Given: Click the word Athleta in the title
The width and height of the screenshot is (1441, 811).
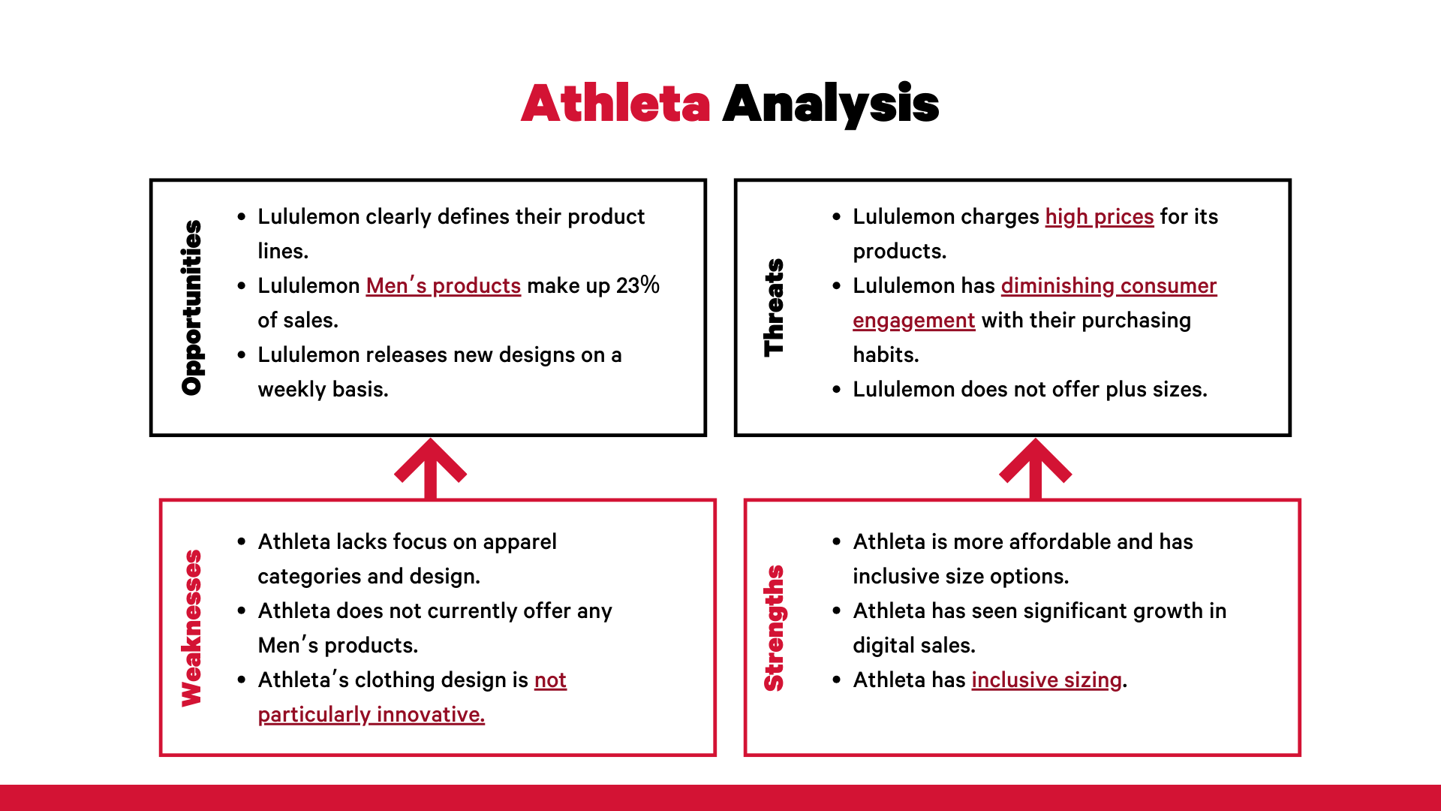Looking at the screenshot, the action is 615,103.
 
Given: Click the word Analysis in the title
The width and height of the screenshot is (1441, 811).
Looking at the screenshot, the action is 831,104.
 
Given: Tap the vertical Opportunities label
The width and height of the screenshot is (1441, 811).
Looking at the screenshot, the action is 192,307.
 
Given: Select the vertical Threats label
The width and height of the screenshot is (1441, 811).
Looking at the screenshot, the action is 774,307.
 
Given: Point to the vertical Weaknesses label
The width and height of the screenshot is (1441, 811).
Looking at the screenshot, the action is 192,628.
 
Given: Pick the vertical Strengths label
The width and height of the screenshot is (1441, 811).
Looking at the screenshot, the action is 774,628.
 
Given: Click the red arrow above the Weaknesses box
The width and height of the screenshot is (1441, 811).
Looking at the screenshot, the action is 431,469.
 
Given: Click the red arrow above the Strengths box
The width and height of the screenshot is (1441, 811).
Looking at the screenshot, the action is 1036,469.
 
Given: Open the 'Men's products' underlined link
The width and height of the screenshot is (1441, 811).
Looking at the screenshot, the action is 444,286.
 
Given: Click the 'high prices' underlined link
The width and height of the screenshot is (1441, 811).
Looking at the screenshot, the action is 1100,217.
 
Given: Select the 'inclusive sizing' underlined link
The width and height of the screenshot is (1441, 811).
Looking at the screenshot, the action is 1047,680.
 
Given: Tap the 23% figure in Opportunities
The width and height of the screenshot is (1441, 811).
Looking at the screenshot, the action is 638,285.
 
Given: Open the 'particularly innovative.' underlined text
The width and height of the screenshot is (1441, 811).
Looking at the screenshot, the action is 372,715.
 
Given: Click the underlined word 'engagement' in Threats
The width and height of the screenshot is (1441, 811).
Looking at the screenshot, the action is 914,321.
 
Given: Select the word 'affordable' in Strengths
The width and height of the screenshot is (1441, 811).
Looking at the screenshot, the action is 1031,541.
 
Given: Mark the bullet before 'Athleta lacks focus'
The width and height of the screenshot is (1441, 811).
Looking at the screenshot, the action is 242,541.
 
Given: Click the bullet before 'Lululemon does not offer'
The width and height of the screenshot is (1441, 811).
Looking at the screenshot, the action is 837,389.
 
